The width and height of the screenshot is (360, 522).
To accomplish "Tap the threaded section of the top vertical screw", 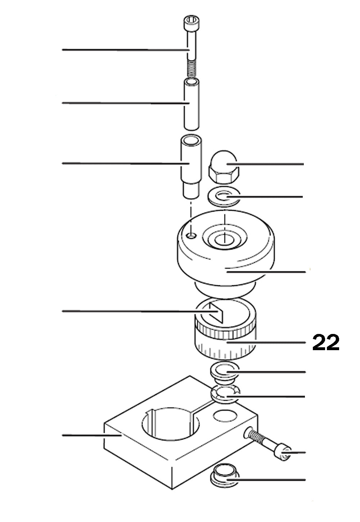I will [192, 69].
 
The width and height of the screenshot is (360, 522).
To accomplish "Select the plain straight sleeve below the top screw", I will [191, 104].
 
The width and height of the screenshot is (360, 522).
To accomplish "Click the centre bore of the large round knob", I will [224, 238].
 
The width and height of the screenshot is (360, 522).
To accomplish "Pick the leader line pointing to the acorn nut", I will [270, 164].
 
